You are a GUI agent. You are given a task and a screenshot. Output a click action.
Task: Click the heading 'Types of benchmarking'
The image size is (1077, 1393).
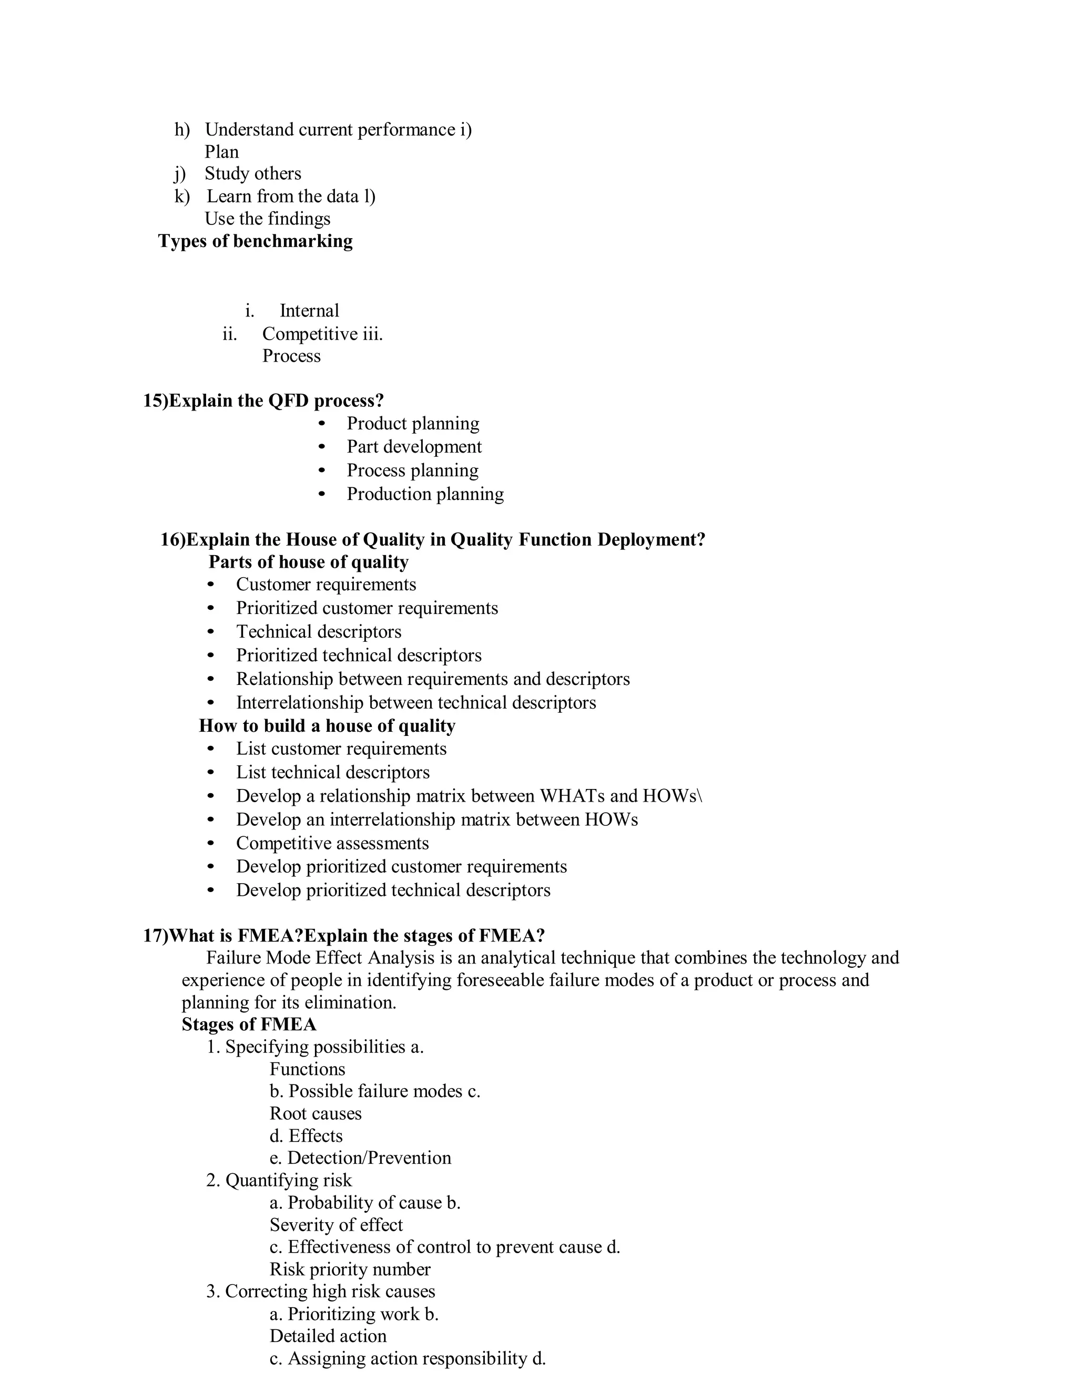[255, 241]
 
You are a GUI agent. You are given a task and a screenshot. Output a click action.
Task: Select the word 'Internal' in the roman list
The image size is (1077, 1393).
[309, 311]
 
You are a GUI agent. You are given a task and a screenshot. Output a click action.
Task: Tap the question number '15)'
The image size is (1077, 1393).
[155, 401]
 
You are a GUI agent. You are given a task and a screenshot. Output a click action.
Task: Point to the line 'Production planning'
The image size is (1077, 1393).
[425, 494]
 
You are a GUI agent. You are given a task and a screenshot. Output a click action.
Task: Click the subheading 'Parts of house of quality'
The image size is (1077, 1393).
[308, 562]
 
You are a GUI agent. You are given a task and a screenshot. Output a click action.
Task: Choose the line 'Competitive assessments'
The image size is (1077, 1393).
[332, 843]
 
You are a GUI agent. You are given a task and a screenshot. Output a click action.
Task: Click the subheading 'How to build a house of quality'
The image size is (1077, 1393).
[327, 726]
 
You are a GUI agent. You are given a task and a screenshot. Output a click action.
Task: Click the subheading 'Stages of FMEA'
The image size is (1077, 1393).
[249, 1025]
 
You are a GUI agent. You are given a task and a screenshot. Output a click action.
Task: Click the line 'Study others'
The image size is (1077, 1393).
[252, 173]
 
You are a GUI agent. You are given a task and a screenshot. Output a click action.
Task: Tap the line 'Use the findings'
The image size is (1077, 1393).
[267, 219]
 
